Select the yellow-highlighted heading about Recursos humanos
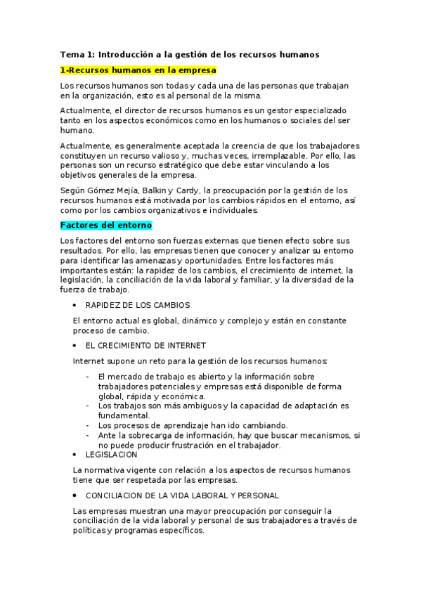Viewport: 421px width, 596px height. [x=138, y=70]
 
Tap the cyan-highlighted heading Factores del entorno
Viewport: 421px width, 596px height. [x=106, y=225]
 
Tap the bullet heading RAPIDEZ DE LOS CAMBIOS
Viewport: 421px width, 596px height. [x=138, y=305]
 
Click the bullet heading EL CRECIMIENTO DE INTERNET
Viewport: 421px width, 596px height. [x=145, y=345]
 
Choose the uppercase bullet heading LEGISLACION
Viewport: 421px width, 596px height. [x=112, y=455]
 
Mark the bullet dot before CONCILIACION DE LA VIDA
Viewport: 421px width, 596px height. [x=75, y=495]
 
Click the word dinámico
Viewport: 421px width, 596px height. [x=195, y=320]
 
